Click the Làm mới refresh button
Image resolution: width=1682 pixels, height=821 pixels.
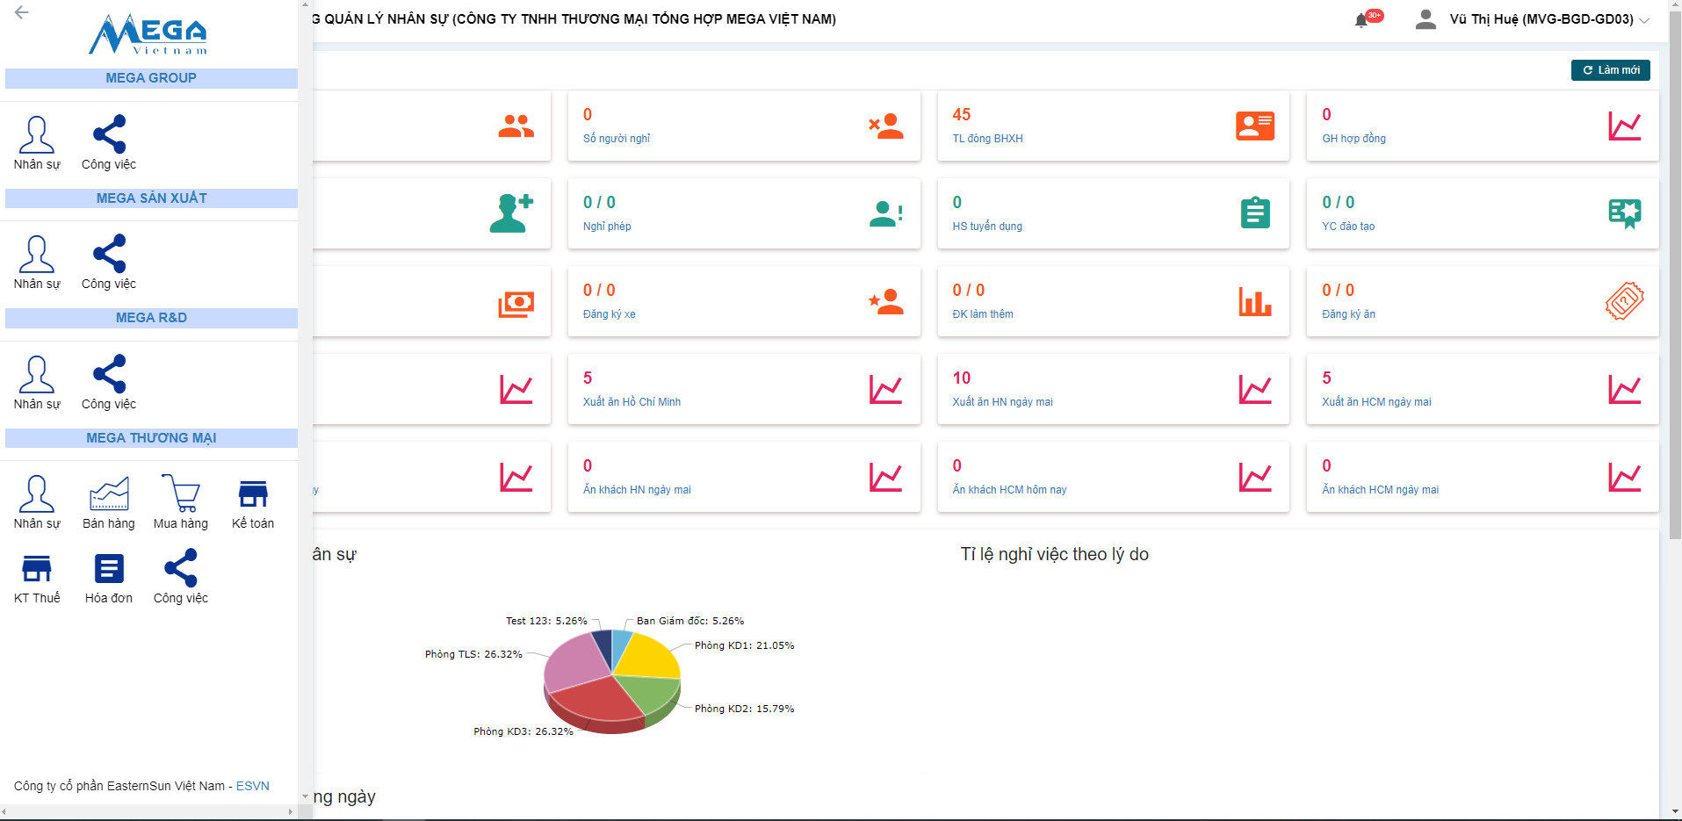1610,70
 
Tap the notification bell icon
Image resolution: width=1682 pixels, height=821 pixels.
1361,20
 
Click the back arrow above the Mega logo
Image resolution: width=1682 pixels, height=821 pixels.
22,12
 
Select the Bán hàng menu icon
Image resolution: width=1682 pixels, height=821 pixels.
109,493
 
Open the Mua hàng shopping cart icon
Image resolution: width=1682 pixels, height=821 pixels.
181,493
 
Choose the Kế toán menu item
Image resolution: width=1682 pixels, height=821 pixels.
253,493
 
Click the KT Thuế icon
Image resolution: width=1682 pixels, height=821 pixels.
37,569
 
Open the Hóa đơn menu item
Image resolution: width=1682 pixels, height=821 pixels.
109,569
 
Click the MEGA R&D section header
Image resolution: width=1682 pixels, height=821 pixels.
151,318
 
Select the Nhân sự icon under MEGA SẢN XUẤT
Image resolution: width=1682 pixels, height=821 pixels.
37,255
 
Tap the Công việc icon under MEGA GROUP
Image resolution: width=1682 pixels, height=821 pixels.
109,135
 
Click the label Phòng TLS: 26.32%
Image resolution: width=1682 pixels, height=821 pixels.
473,654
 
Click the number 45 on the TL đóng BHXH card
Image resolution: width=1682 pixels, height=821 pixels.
962,115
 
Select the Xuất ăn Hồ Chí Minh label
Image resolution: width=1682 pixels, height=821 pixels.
632,402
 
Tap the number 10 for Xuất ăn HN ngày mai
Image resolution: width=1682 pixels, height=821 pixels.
962,378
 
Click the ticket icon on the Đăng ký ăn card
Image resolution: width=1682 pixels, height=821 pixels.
1624,301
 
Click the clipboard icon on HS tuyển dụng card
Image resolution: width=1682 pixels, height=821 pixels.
1255,213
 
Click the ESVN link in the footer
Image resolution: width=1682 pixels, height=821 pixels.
253,786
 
